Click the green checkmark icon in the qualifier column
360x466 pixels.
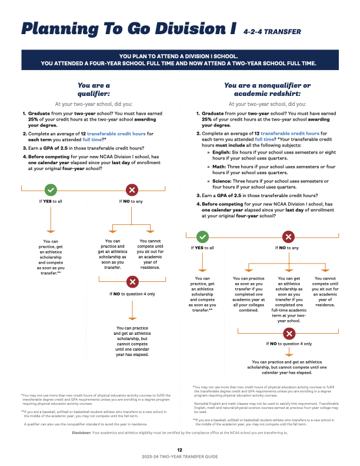click(x=51, y=190)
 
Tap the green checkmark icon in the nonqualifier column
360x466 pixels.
click(x=202, y=237)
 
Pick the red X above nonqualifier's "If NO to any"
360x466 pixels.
click(x=289, y=237)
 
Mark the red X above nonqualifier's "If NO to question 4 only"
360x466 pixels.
click(x=289, y=334)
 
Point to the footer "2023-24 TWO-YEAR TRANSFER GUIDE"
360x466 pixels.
click(x=180, y=457)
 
